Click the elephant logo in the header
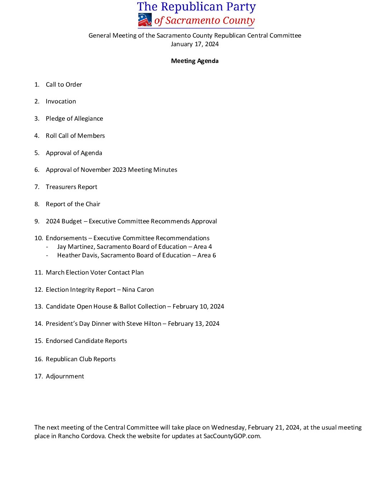tap(145, 20)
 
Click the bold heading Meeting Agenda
tap(195, 61)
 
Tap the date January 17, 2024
tap(195, 44)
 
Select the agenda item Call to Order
tap(64, 84)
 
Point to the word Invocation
tap(61, 101)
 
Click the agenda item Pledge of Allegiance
tap(74, 118)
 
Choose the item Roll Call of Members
tap(75, 136)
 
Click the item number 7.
tap(37, 187)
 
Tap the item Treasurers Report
tap(71, 187)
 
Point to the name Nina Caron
tap(138, 290)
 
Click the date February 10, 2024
tap(198, 306)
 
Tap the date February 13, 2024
tap(194, 324)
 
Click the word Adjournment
tap(65, 376)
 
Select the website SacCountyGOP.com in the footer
tap(232, 436)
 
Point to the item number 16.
tap(38, 359)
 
